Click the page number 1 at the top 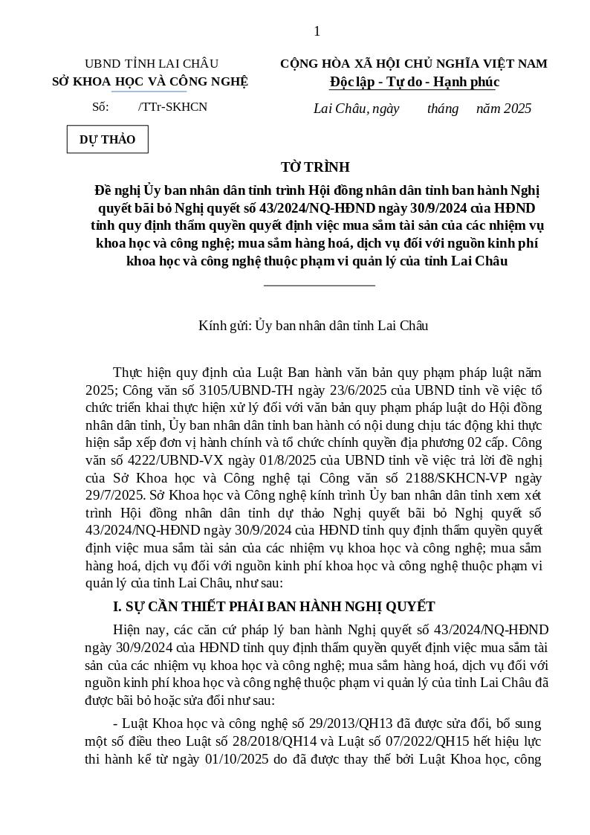point(317,31)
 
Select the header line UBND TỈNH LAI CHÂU point(151,64)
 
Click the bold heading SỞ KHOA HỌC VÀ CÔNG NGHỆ point(150,82)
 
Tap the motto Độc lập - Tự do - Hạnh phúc point(414,82)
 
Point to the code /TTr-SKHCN point(172,107)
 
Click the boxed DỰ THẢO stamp point(108,140)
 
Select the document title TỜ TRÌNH point(315,167)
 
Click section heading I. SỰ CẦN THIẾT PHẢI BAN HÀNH point(273,607)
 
